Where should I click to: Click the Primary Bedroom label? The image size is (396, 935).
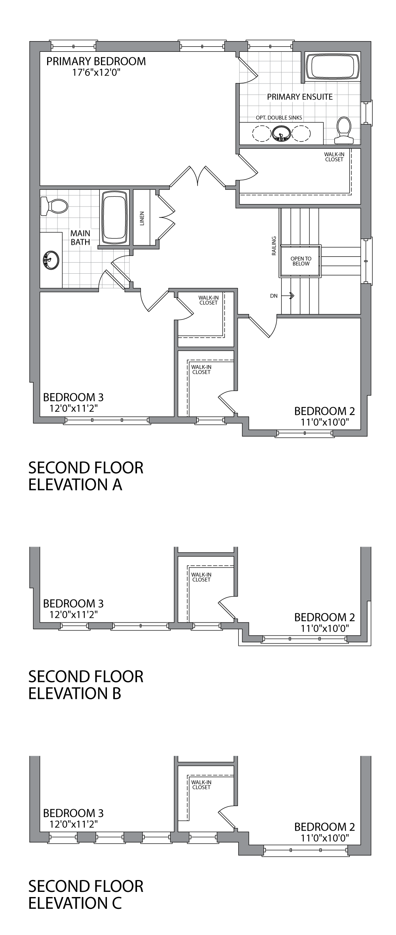click(x=96, y=61)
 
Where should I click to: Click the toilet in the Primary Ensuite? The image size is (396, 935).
click(x=344, y=131)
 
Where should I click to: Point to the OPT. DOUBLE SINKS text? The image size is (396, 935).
click(x=279, y=117)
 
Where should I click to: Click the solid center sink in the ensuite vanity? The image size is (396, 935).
click(x=282, y=134)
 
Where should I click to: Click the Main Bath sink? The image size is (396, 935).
click(x=50, y=260)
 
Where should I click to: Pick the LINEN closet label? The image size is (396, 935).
click(x=142, y=218)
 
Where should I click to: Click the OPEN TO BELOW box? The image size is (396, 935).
click(x=301, y=261)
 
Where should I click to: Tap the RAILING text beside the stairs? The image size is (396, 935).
click(x=274, y=246)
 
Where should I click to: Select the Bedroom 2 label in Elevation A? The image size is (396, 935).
click(x=324, y=411)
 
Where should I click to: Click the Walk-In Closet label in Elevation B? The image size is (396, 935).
click(x=201, y=577)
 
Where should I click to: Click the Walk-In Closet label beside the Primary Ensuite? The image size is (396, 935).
click(x=334, y=157)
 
